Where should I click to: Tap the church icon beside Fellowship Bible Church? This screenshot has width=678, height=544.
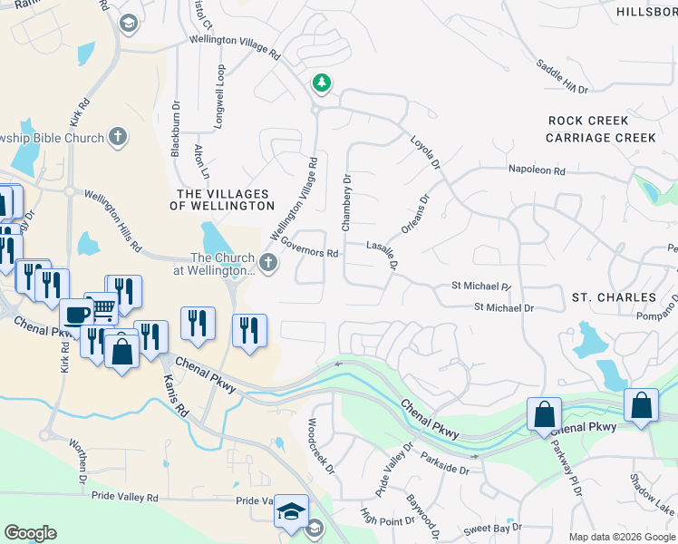[x=117, y=137]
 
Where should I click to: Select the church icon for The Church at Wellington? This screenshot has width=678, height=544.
[x=267, y=263]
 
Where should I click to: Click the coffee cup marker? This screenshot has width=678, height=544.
[x=75, y=314]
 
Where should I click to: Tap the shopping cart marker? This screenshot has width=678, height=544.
[x=102, y=308]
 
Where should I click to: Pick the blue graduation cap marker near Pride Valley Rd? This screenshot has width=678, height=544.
[x=292, y=510]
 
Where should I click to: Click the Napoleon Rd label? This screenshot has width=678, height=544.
[x=536, y=170]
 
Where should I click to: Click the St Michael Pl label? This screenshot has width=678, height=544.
[x=481, y=287]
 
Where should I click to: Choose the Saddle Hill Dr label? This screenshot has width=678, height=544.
[x=562, y=77]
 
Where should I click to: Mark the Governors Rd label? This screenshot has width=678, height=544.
[x=309, y=247]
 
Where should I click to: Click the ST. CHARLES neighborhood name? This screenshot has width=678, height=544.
[x=614, y=297]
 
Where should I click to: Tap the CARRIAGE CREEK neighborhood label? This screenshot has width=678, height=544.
[x=600, y=138]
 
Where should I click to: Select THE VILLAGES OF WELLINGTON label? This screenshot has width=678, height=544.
[x=222, y=200]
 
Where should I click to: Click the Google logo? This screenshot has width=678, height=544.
[x=30, y=533]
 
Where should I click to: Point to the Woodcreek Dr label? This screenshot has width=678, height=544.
[x=322, y=446]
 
